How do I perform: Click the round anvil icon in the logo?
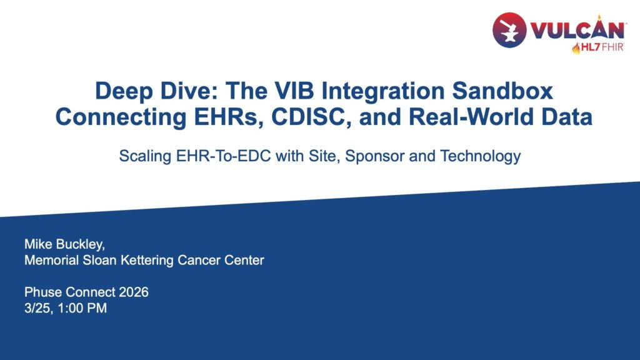pos(509,30)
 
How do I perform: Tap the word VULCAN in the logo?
pos(577,30)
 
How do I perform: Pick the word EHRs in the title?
pos(229,117)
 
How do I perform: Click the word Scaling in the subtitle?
pos(145,156)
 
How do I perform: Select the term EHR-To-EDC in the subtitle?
pos(223,156)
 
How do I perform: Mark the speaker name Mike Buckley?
pos(64,244)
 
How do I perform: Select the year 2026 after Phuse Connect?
pos(134,292)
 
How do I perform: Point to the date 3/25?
pos(38,308)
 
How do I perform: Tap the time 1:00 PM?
pos(82,308)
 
